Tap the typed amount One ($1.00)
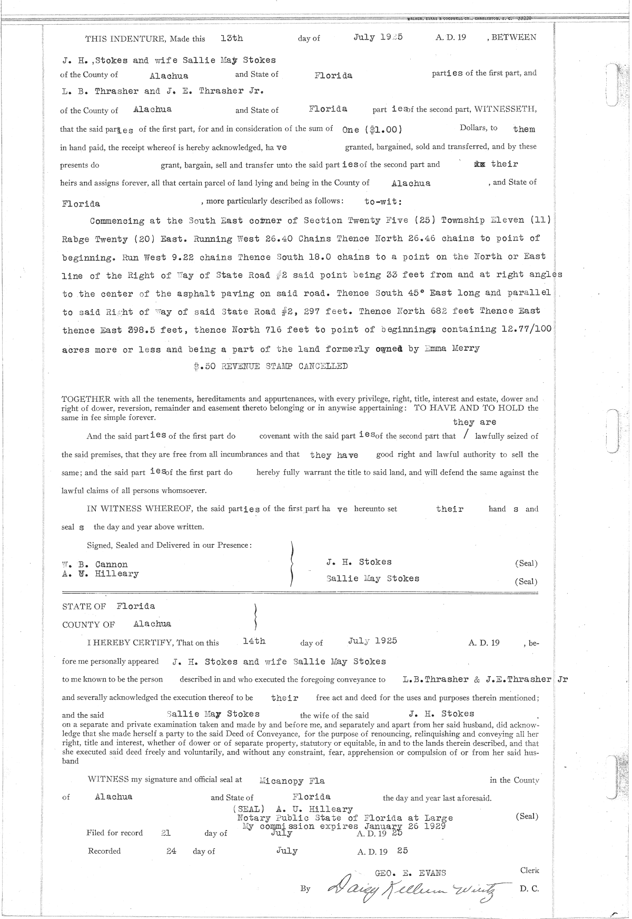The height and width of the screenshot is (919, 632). pos(373,129)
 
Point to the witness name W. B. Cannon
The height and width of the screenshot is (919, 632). pos(95,564)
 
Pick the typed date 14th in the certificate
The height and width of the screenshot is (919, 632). pos(254,641)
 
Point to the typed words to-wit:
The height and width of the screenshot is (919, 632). pos(383,201)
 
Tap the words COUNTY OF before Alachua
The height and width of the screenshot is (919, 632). pos(88,625)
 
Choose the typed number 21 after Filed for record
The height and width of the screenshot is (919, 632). pos(165,833)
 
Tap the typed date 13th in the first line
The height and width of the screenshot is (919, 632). pos(232,38)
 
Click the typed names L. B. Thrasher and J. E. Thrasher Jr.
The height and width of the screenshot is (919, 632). pos(162,91)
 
